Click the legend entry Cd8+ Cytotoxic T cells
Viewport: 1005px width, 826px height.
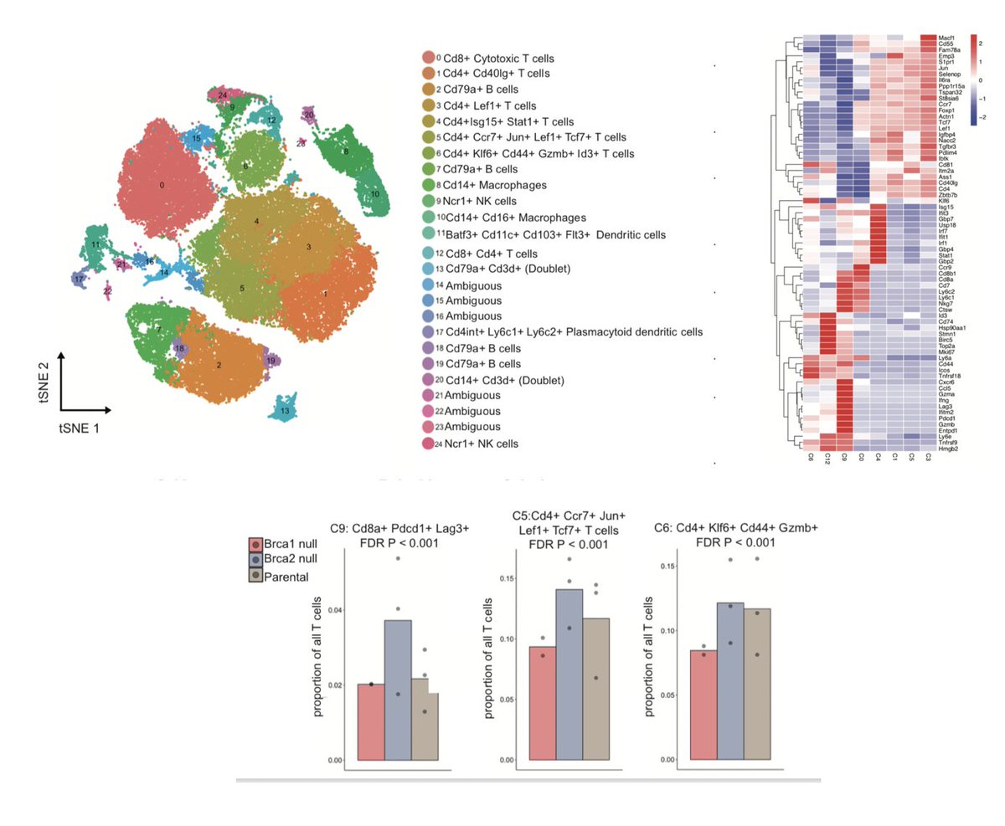(x=498, y=59)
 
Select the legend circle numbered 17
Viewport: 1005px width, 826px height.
(x=429, y=332)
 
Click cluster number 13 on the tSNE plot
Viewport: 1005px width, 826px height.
(x=286, y=411)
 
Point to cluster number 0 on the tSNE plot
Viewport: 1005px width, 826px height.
(x=162, y=183)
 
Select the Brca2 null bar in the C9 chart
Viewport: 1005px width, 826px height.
(x=398, y=690)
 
